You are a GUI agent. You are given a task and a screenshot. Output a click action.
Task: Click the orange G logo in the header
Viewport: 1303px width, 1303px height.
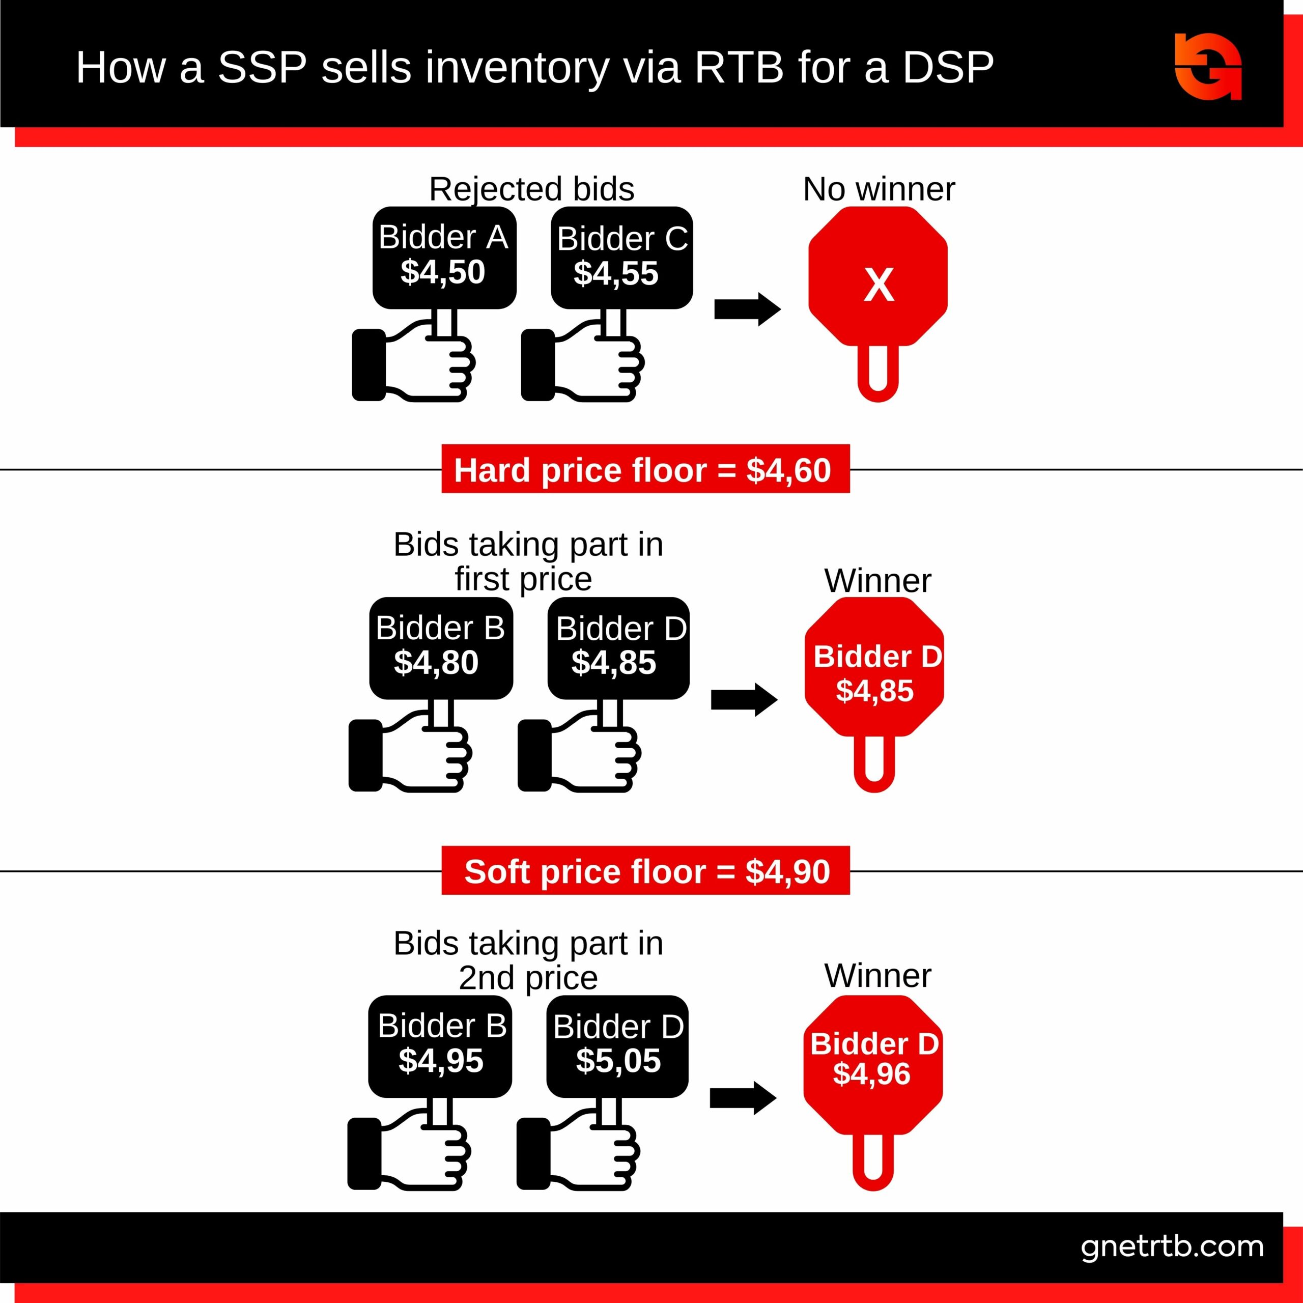coord(1207,66)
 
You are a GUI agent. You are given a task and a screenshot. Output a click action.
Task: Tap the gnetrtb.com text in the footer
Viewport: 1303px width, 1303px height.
coord(1172,1247)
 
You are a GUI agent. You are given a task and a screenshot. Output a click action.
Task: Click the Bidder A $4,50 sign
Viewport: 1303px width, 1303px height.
coord(444,257)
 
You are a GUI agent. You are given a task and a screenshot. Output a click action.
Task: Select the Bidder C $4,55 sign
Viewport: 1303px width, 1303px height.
coord(621,258)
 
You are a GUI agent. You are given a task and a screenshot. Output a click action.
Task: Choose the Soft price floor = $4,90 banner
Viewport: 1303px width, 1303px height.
coord(645,871)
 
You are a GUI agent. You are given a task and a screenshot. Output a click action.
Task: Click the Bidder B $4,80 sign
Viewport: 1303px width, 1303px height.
coord(440,647)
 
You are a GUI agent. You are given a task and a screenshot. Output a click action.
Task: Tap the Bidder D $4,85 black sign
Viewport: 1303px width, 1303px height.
coord(618,647)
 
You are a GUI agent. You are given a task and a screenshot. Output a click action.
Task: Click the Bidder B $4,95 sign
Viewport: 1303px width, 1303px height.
coord(440,1045)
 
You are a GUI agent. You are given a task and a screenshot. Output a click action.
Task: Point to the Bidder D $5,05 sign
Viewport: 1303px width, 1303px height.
coord(617,1045)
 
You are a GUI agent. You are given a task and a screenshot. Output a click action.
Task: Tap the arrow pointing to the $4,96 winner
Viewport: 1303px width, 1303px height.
coord(743,1098)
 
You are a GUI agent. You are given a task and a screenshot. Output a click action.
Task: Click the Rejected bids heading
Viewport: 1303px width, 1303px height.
coord(531,189)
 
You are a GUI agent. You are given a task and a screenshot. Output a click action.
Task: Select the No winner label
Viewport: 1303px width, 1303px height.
coord(878,189)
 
